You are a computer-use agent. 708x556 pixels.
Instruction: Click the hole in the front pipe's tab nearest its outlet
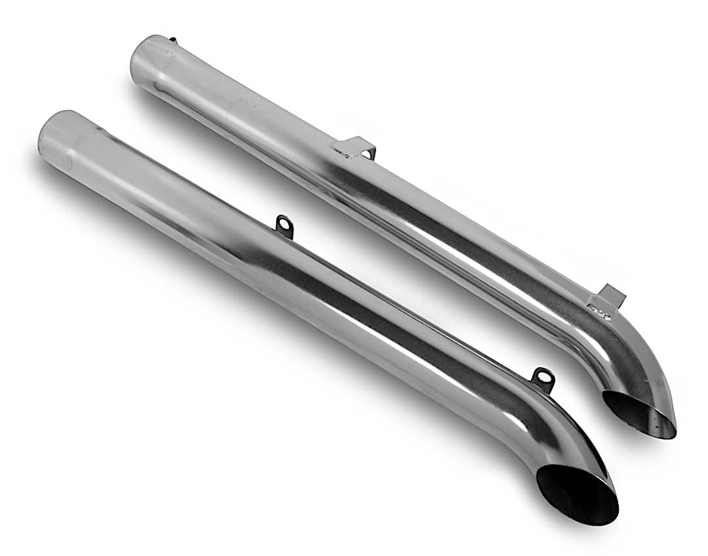tap(543, 376)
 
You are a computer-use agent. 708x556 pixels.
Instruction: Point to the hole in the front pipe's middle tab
tap(283, 225)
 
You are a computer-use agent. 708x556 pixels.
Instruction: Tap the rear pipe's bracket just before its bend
tap(610, 297)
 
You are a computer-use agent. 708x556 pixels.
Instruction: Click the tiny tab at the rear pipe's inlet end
tap(172, 40)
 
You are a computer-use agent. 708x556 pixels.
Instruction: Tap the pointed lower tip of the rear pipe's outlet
tap(673, 433)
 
